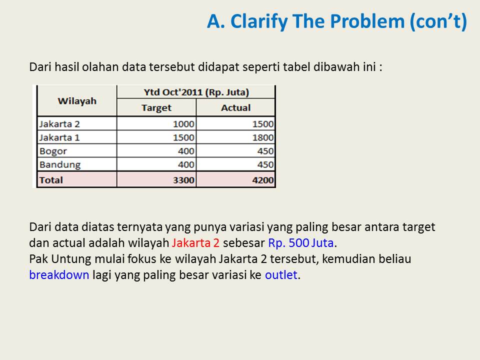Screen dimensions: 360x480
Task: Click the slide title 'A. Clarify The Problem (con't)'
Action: point(337,21)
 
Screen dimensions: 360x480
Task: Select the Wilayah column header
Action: point(76,100)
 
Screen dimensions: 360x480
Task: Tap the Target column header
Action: point(156,107)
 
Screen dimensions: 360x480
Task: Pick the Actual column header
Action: point(235,107)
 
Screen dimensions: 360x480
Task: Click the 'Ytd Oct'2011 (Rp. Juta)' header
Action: point(196,92)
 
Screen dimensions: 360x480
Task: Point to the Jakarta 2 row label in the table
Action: point(59,124)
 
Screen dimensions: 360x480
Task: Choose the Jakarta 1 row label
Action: point(59,137)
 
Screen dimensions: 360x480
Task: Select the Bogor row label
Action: point(52,151)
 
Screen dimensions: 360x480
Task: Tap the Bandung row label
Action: point(59,164)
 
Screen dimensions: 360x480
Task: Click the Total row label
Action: point(51,179)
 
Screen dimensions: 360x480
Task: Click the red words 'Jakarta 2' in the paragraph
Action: point(195,243)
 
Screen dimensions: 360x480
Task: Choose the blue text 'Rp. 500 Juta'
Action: point(300,243)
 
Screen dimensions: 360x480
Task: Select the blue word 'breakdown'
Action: point(59,274)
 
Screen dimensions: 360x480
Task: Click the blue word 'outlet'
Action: point(281,274)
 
